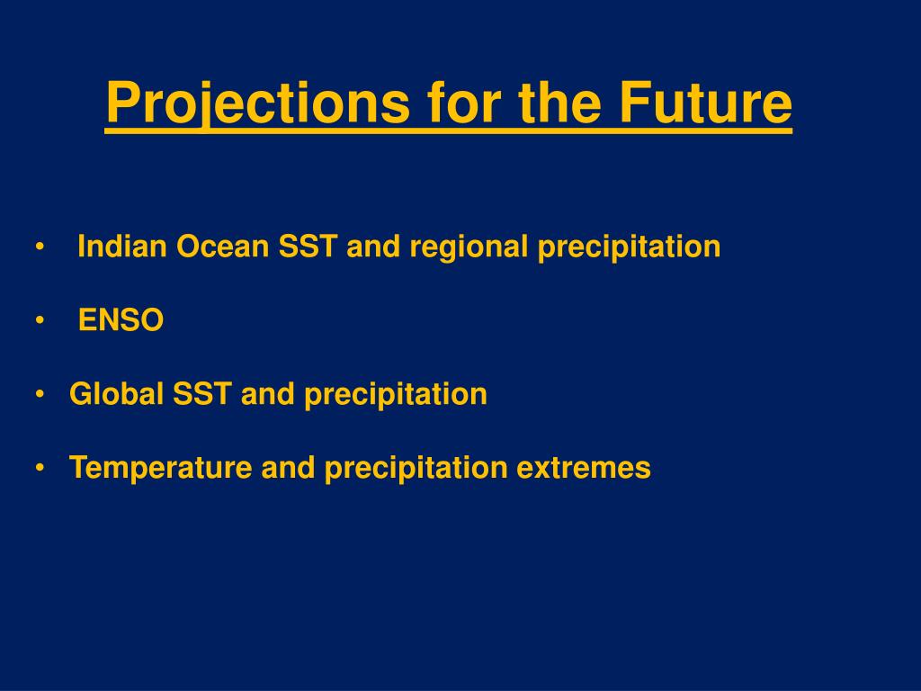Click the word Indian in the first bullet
pos(122,247)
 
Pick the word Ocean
pos(223,247)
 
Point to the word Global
pos(116,394)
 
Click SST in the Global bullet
pos(201,394)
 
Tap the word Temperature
pos(160,468)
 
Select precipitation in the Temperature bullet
pos(416,469)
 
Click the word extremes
pos(584,469)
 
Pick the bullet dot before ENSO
pos(40,321)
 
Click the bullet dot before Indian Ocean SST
pos(40,247)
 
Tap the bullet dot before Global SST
pos(40,394)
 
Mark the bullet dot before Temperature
pos(40,468)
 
